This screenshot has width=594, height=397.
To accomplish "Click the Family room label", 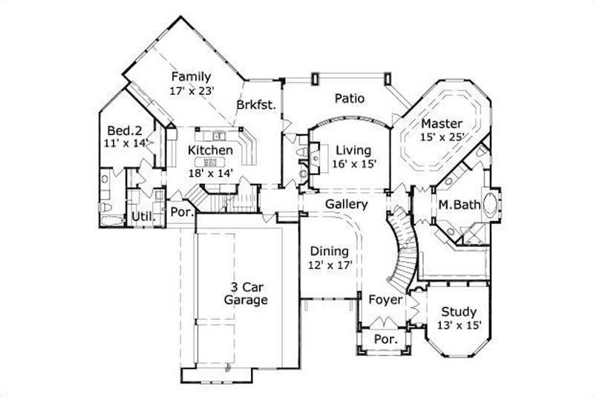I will click(192, 76).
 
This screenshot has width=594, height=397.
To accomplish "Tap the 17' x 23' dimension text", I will click(192, 91).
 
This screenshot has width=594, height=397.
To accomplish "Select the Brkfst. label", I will click(256, 105).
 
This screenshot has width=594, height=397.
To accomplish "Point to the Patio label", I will click(349, 98).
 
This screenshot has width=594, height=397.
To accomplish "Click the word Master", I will click(442, 123).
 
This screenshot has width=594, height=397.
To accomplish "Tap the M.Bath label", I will click(456, 205).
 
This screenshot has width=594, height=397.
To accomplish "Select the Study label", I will click(459, 312).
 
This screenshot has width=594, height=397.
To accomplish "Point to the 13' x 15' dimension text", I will click(459, 325).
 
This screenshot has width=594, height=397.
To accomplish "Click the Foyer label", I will click(385, 301).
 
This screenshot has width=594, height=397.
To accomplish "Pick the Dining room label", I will click(330, 251).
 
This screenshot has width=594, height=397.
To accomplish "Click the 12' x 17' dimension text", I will click(330, 264).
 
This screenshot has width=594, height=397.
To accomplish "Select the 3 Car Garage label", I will click(246, 294).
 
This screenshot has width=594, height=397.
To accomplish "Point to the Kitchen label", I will click(210, 150).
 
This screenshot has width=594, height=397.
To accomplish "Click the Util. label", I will click(143, 217).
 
